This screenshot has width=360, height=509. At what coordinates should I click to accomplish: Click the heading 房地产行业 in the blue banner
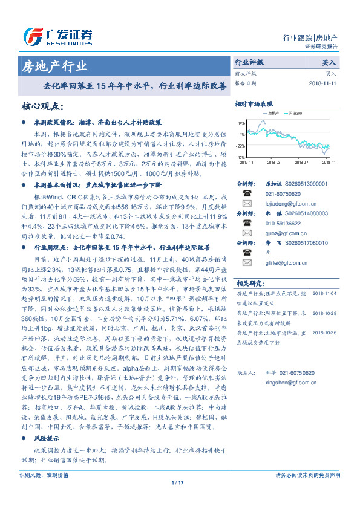(54, 66)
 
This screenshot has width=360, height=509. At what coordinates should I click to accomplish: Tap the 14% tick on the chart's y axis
(241, 122)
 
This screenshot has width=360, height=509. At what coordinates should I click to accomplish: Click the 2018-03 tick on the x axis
(273, 162)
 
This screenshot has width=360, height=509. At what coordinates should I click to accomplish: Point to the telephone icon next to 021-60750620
(247, 193)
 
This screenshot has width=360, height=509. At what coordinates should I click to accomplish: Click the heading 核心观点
(42, 106)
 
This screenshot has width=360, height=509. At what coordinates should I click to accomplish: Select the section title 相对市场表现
(254, 103)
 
